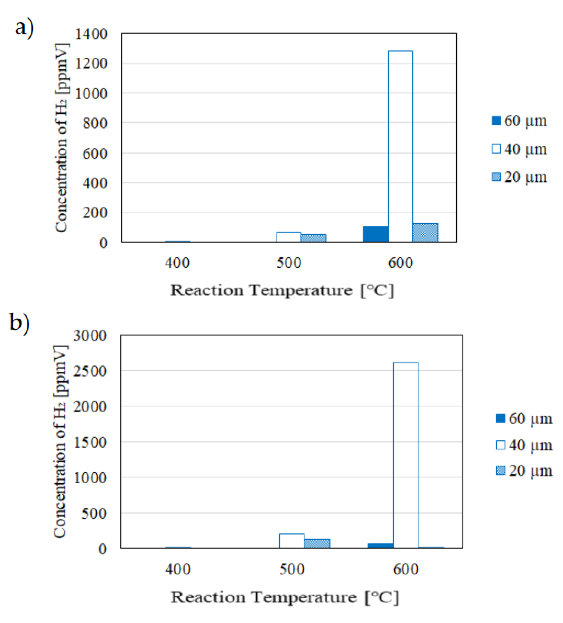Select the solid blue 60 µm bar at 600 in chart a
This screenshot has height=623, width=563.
click(375, 234)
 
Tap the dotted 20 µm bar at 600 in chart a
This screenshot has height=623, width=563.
click(425, 233)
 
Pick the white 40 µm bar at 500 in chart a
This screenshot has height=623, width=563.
click(288, 237)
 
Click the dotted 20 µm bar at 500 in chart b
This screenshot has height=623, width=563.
click(317, 543)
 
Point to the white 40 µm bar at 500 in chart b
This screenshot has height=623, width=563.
click(291, 541)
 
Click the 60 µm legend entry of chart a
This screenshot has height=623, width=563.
click(519, 121)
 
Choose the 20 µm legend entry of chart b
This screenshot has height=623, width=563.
click(524, 471)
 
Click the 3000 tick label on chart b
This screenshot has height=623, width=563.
click(90, 335)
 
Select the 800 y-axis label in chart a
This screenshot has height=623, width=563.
click(95, 123)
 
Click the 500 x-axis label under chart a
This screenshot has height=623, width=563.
click(288, 263)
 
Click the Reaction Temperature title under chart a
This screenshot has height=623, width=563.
click(282, 290)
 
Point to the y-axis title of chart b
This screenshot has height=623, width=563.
click(60, 442)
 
